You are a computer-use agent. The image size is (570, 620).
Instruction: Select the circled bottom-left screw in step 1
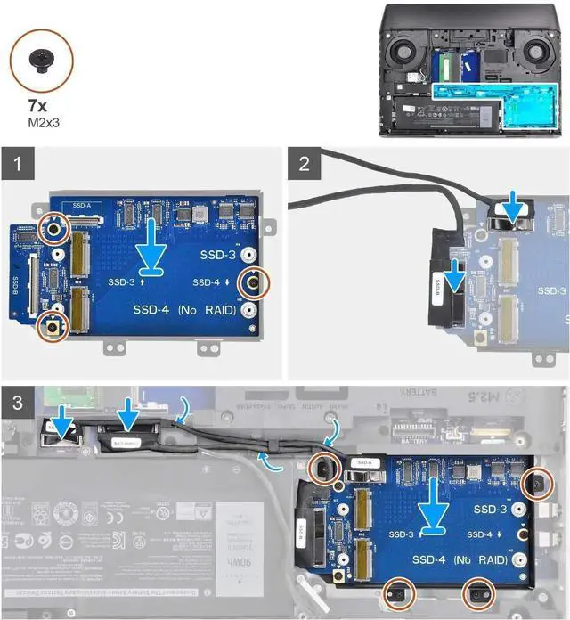(53, 325)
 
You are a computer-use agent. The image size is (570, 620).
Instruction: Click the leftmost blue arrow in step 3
(63, 417)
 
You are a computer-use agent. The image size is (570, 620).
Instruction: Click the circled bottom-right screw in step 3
(479, 591)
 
